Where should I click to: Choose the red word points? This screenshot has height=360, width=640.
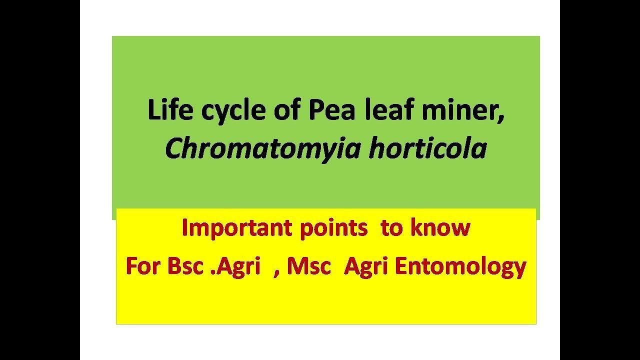click(x=333, y=228)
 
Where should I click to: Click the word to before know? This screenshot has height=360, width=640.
click(x=391, y=228)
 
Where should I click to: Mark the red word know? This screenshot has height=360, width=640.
click(x=440, y=228)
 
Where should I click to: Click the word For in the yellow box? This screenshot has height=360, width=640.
click(x=143, y=266)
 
